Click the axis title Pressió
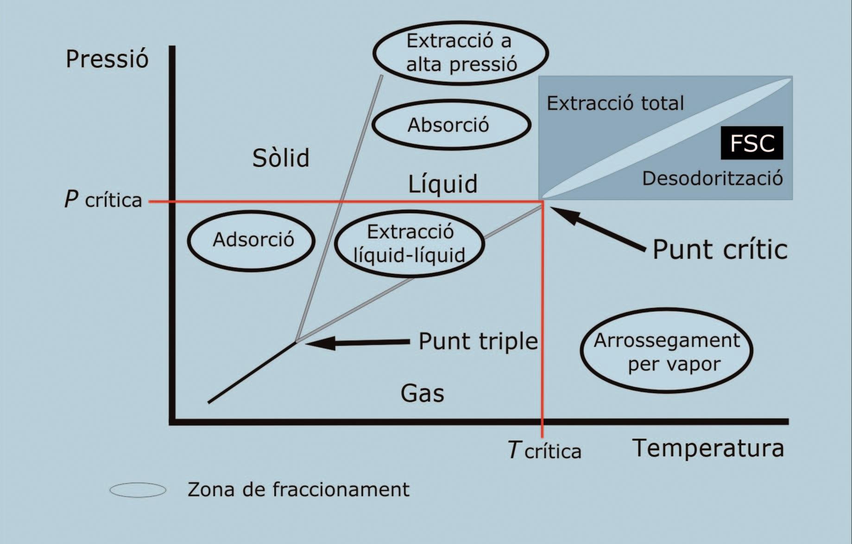coord(107,59)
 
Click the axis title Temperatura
coord(708,448)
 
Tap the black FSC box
coord(752,143)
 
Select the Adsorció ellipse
coord(252,241)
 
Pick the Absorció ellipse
coord(451,125)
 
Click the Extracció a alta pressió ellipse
coord(461,53)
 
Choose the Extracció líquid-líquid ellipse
coord(409,243)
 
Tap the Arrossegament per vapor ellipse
coord(666,351)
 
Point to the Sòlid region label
coord(281,158)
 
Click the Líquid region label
coord(442,184)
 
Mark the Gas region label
coord(422,393)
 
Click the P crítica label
coord(103,200)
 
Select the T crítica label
coord(544,450)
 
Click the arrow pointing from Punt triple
coord(357,343)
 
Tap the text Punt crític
coord(720,250)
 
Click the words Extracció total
coord(615,103)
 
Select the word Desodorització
coord(712,179)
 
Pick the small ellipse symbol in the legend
coord(138,490)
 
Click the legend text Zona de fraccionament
coord(298,490)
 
